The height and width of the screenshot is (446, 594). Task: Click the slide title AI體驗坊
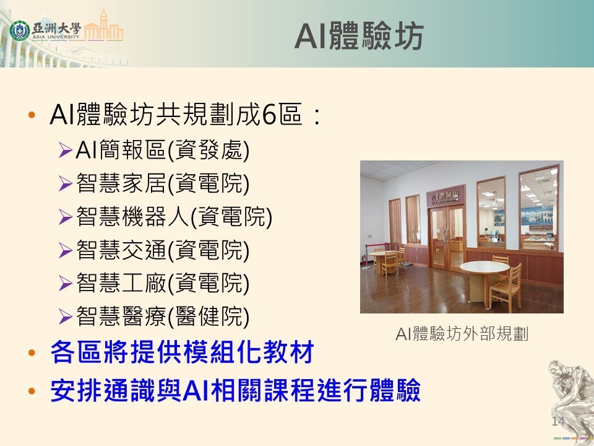(359, 37)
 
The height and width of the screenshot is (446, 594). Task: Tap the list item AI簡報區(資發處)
(162, 149)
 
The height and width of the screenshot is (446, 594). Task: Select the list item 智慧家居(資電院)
(162, 183)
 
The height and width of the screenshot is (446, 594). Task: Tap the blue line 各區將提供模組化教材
(182, 353)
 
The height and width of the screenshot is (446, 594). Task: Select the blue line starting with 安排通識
(235, 390)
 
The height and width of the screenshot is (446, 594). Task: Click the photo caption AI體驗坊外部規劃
(462, 334)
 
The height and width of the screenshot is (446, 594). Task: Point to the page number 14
(557, 422)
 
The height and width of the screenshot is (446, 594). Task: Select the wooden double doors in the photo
(447, 237)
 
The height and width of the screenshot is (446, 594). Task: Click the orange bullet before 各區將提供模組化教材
(32, 354)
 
